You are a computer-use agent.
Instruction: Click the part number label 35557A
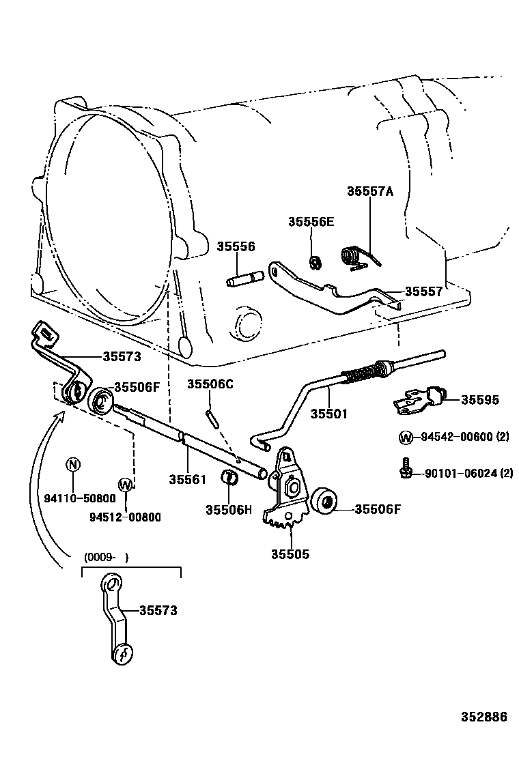370,192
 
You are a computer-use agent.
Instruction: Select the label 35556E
311,221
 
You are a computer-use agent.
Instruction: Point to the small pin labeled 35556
244,279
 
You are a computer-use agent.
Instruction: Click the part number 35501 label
329,414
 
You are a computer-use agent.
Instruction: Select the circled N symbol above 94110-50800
72,464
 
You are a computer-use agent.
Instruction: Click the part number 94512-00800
125,517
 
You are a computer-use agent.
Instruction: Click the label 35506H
229,509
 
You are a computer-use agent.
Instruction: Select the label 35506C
210,384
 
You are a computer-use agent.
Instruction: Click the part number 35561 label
187,480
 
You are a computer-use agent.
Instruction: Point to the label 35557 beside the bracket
423,291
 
